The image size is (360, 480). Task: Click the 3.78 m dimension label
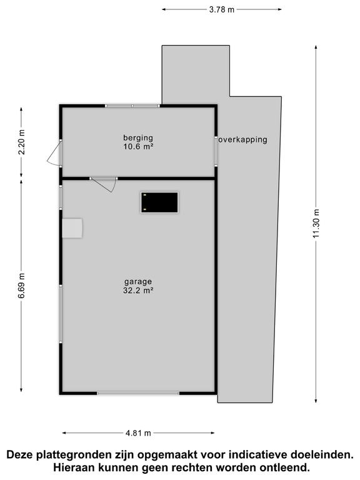[x=222, y=9]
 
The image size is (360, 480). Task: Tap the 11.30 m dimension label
[x=316, y=224]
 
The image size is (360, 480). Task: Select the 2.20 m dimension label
[x=21, y=142]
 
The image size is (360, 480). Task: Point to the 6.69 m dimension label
[x=21, y=285]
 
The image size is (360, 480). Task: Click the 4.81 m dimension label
[x=138, y=433]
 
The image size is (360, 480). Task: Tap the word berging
[x=138, y=138]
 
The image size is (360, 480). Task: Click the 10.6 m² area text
[x=138, y=146]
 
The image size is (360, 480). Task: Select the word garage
[x=138, y=282]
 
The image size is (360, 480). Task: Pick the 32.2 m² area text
[x=138, y=290]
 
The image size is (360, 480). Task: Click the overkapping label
[x=242, y=140]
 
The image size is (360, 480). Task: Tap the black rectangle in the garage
[x=159, y=202]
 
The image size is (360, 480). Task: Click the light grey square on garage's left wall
[x=72, y=228]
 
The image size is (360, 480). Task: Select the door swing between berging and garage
[x=104, y=184]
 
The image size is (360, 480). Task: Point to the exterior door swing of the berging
[x=54, y=154]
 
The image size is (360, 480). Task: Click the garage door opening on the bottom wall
[x=138, y=392]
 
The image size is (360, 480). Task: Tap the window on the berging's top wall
[x=132, y=106]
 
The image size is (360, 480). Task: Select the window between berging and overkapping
[x=216, y=151]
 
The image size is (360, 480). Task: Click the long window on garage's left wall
[x=61, y=314]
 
